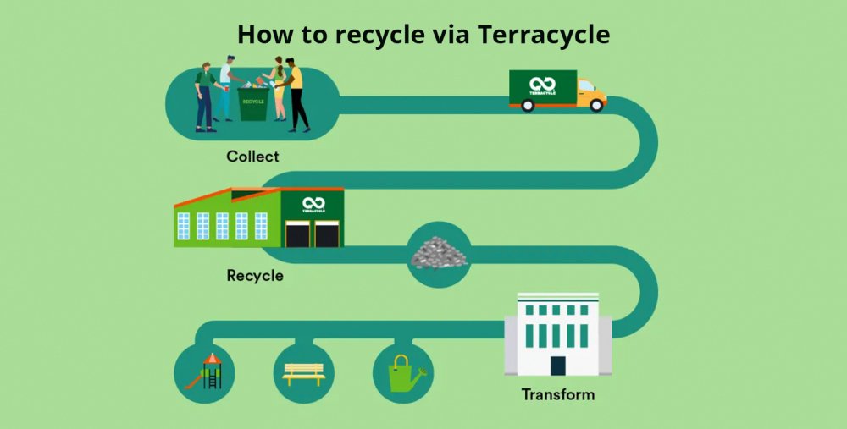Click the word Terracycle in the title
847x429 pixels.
(544, 35)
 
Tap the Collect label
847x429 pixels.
(252, 157)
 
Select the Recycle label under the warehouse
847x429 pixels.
(255, 276)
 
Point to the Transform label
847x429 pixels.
(558, 394)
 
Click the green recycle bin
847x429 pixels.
(253, 103)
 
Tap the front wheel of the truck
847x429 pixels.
(596, 105)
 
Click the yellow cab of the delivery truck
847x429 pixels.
(591, 93)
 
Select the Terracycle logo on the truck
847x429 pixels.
(542, 86)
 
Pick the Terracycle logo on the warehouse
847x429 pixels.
(314, 205)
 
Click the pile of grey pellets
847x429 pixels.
(439, 252)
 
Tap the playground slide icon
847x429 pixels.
(204, 371)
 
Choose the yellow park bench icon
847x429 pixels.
(304, 374)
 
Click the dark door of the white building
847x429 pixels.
(558, 366)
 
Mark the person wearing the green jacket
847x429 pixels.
(205, 97)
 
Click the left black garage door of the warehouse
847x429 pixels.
(297, 234)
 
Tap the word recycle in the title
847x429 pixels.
(379, 36)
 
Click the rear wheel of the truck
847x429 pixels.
(528, 105)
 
